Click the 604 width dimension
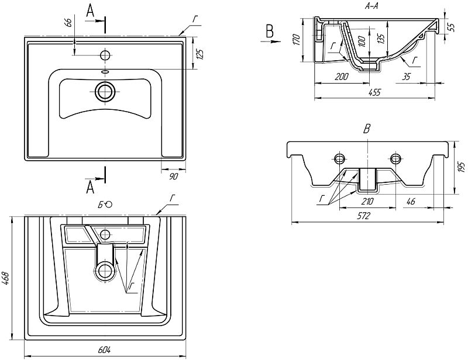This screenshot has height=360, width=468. coord(104,350)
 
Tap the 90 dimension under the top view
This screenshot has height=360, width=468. coord(173,176)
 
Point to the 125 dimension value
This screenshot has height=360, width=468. coord(201,54)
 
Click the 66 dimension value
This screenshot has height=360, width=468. coord(68,23)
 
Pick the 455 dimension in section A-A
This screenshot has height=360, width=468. coord(374,92)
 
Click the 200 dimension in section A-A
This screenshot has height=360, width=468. coord(342,77)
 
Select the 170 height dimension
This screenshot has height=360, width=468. coord(296,40)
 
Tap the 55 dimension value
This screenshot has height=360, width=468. coord(452,27)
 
